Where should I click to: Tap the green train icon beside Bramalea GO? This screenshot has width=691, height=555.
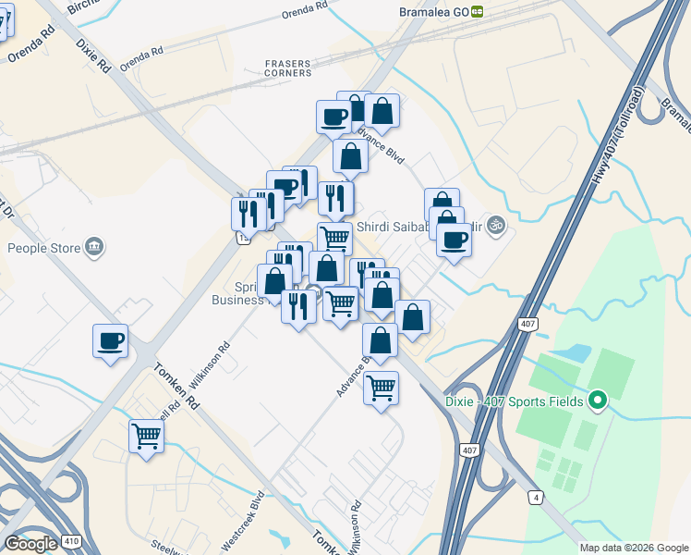coord(478,11)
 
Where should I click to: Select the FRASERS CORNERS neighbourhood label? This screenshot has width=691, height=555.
coord(287,68)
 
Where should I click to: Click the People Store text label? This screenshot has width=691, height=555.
coord(42,248)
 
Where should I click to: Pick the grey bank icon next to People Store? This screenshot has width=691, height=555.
coord(93,247)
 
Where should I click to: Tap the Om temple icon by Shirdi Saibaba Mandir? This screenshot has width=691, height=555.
coord(495,224)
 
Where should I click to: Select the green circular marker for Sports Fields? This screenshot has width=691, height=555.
coord(597,401)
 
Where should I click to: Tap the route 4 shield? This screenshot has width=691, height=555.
coord(535,499)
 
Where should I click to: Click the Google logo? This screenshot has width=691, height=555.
coord(30,543)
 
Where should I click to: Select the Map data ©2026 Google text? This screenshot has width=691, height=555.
coord(634,548)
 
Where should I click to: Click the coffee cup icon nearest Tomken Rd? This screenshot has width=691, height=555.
coord(110,341)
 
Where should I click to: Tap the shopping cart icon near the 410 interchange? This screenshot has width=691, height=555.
coord(146,436)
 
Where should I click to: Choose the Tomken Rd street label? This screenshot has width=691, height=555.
coord(178,386)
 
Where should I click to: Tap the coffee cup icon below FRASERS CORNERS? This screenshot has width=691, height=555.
coord(333,117)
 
